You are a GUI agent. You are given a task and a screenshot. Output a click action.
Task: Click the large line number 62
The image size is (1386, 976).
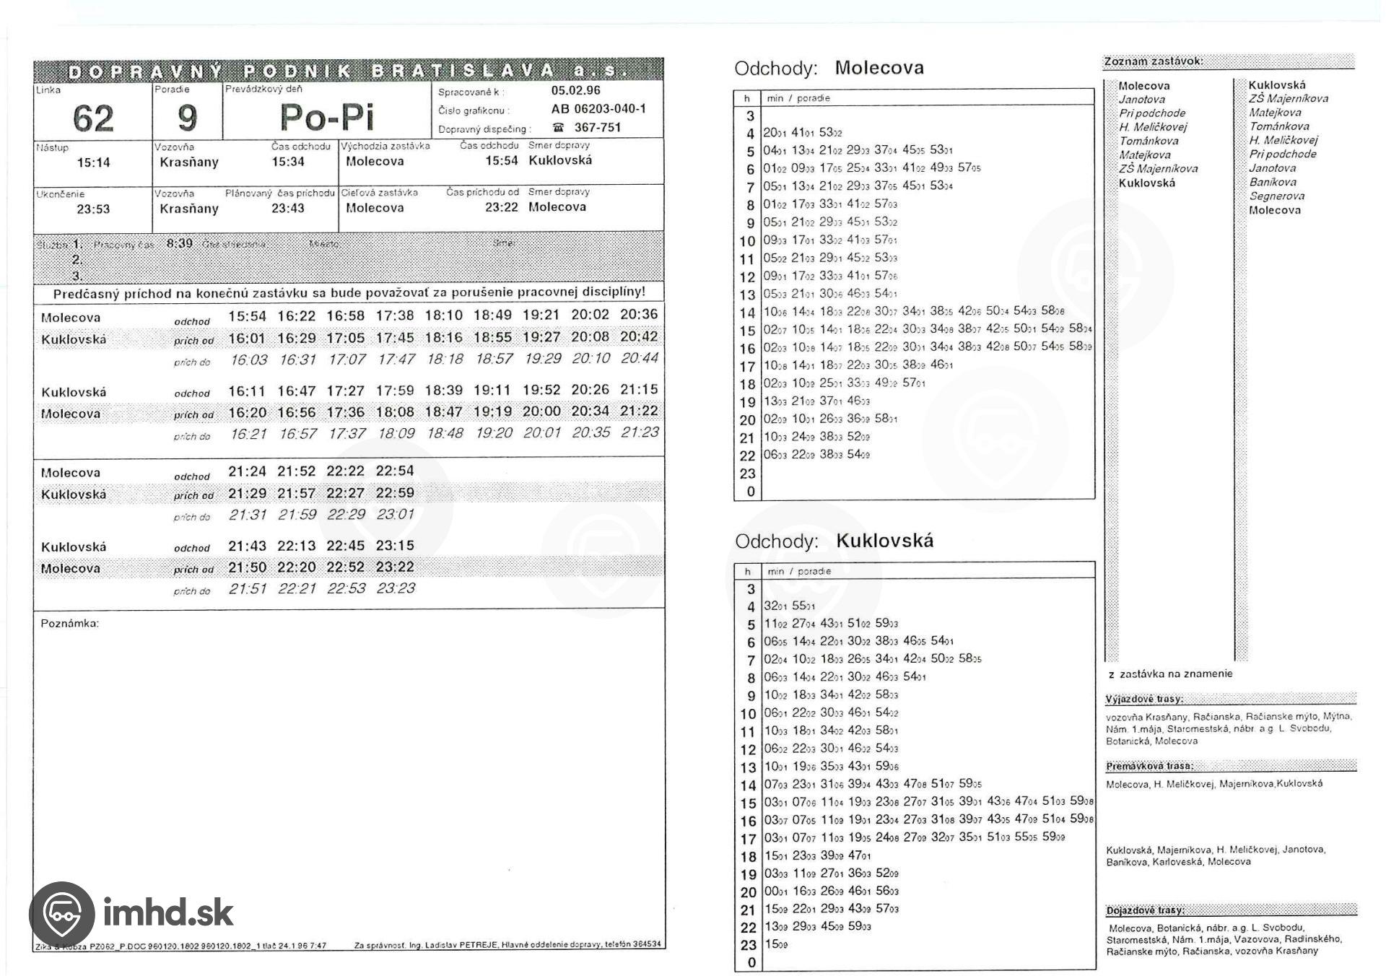[x=93, y=118]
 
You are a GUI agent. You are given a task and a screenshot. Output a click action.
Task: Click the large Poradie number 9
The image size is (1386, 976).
[x=187, y=118]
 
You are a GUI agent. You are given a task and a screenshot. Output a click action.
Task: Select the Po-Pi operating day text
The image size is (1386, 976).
[x=326, y=117]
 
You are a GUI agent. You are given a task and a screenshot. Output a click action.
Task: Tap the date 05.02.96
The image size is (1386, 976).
[x=575, y=91]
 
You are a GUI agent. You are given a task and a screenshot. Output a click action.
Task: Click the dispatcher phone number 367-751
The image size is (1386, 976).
[x=597, y=128]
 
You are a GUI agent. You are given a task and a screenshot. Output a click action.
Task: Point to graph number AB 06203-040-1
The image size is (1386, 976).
[x=598, y=109]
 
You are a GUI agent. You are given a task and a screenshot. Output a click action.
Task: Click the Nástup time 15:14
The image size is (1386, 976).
[x=93, y=163]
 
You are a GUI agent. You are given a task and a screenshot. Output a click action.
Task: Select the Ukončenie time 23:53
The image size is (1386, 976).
[x=93, y=209]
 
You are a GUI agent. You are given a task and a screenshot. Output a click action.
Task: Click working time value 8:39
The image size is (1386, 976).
[x=180, y=243]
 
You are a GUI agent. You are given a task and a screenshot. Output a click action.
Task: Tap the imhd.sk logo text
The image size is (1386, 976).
[x=168, y=912]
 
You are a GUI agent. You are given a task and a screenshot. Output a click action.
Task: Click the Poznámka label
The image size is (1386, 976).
[x=69, y=623]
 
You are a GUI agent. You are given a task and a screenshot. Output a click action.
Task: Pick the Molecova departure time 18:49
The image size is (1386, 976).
[x=492, y=315]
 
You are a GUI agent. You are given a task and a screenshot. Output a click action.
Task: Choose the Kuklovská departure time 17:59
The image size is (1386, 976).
[x=395, y=391]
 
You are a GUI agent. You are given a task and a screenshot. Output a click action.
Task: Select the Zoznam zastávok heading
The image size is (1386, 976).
[x=1153, y=61]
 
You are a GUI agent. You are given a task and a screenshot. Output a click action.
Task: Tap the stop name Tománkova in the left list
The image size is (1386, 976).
[x=1149, y=141]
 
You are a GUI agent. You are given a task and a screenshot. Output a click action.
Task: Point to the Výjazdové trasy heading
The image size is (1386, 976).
[x=1144, y=699]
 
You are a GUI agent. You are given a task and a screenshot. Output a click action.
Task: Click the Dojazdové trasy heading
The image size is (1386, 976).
[x=1145, y=910]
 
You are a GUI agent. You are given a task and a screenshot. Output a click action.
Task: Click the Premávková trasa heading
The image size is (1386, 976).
[x=1149, y=766]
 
